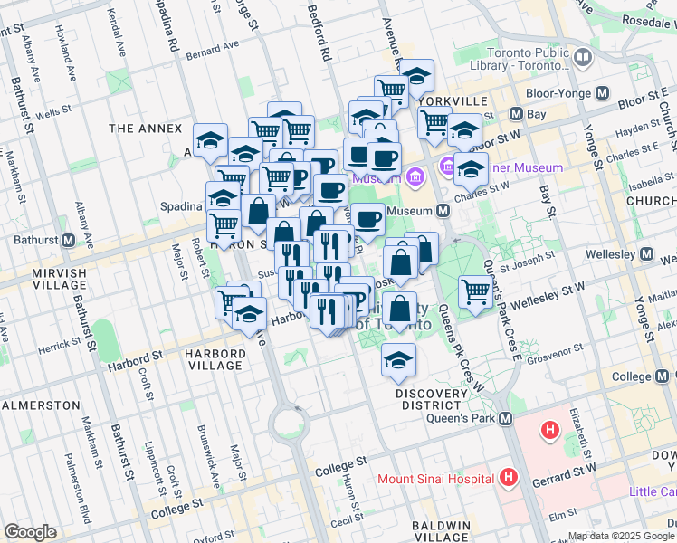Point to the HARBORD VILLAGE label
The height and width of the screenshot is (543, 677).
[x=215, y=359]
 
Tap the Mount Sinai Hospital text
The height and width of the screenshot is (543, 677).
[x=435, y=478]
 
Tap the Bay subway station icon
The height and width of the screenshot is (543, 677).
[x=516, y=114]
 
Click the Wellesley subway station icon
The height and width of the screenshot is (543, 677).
[x=646, y=255]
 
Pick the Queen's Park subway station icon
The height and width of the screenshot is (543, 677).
[x=506, y=419]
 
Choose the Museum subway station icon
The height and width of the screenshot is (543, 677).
[x=443, y=211]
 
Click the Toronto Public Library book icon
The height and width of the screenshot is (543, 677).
[x=582, y=58]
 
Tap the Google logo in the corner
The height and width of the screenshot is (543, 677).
[x=30, y=532]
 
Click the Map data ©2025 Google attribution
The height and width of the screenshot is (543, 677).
[x=621, y=536]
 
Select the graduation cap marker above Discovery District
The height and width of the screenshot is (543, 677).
[x=398, y=360]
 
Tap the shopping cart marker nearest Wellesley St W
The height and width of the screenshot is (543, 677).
[x=475, y=291]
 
